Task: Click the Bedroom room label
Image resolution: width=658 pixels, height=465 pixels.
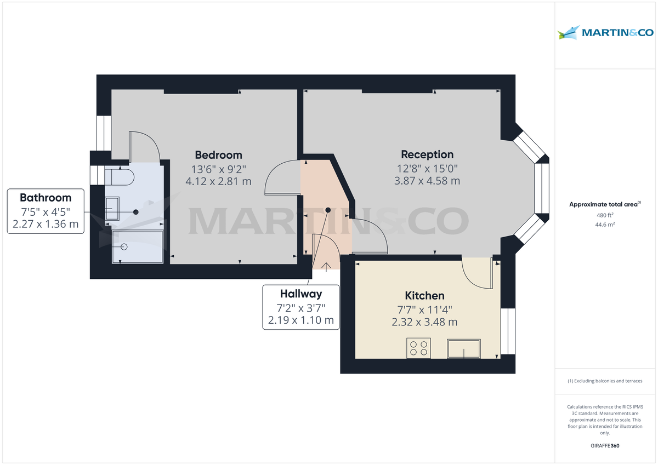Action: [218, 154]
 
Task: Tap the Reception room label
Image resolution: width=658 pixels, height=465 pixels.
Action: [427, 154]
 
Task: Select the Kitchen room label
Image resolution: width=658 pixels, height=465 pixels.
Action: [424, 296]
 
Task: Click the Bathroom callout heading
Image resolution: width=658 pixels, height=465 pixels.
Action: [46, 198]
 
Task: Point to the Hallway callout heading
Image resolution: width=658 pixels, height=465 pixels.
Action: [300, 294]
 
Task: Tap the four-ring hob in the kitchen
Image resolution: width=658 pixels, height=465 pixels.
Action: [418, 348]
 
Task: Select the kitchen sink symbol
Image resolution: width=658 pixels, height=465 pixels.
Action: [464, 349]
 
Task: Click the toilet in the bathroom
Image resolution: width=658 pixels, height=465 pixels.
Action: [119, 177]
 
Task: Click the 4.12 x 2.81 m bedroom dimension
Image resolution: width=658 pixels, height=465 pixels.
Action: [218, 181]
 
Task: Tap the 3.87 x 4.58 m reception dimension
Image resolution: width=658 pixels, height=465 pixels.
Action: [427, 181]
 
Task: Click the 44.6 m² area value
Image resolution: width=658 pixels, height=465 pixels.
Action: [605, 224]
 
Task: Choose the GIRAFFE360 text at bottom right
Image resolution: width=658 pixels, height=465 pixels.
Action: [605, 446]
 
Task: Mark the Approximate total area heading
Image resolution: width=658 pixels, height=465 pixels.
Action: [604, 204]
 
